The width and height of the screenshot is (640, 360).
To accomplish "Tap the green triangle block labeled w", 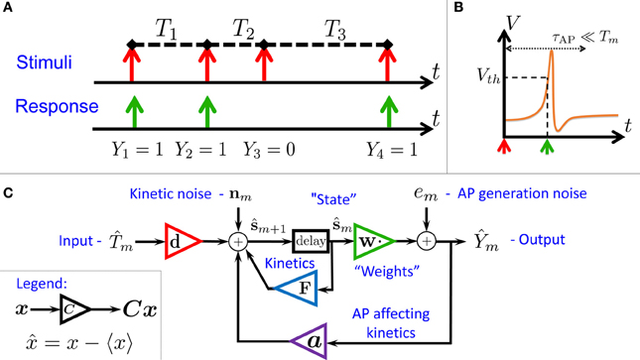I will click(372, 239).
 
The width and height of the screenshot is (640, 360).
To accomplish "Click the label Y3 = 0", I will click(263, 155).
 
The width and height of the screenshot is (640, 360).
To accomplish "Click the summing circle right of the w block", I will click(427, 239).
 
